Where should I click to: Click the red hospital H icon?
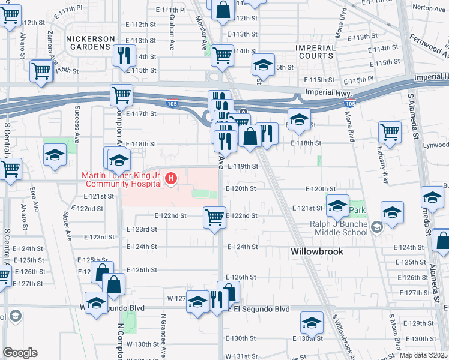(x=172, y=178)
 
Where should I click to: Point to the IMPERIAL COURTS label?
(x=315, y=52)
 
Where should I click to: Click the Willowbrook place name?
(x=317, y=251)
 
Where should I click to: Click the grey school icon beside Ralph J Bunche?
(x=376, y=227)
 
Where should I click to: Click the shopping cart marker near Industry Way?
(x=390, y=130)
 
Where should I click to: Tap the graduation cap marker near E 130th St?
(x=312, y=323)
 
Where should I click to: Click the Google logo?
(x=20, y=352)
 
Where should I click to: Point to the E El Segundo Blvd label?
(x=258, y=309)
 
